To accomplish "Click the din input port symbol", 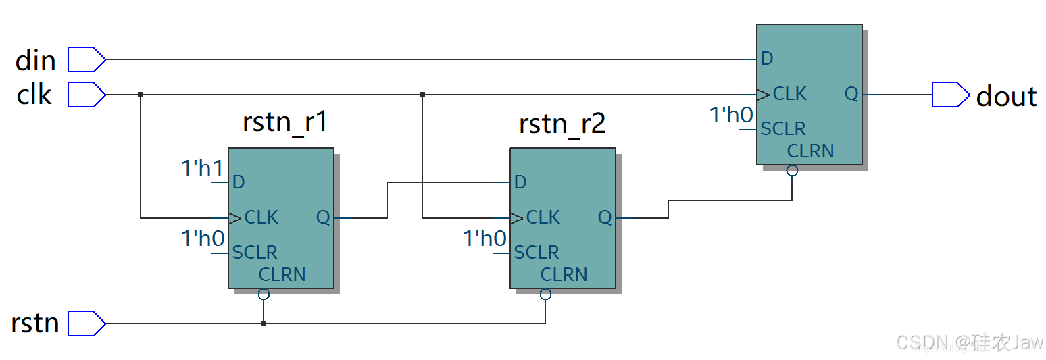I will (x=86, y=59).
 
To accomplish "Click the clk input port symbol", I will (x=86, y=95).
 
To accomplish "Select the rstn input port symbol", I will (x=86, y=324).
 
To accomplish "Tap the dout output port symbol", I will (x=950, y=95).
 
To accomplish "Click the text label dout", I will (x=1006, y=97).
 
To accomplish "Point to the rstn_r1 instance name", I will (x=284, y=124).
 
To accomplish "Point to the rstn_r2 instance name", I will (x=562, y=124).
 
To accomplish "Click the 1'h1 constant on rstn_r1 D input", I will (x=202, y=168).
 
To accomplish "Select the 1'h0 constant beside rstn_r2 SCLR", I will (x=484, y=238).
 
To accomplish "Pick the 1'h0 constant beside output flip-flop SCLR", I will (x=731, y=115).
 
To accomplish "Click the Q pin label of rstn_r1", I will (x=323, y=217).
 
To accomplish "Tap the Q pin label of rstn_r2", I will (x=605, y=217).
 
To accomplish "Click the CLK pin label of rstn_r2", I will (x=543, y=217).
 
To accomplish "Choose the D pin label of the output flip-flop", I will (x=766, y=59).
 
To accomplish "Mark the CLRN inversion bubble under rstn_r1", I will (x=264, y=294).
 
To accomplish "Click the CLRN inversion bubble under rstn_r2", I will (x=545, y=294).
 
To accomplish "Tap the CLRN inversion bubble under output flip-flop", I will (x=792, y=170).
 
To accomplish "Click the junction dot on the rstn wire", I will (x=264, y=324).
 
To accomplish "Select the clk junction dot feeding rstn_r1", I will (x=141, y=95).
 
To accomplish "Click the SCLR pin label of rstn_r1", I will (x=254, y=253).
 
